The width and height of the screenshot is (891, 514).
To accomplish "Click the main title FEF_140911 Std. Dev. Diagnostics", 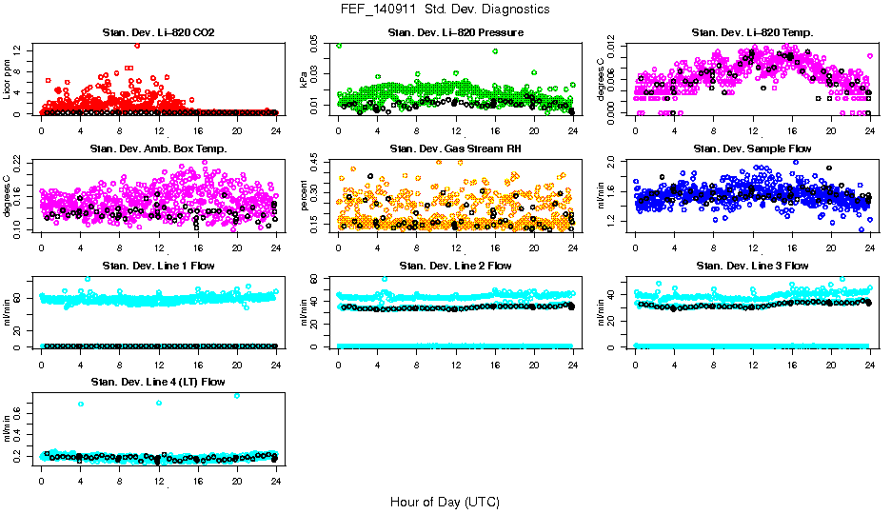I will [x=445, y=10].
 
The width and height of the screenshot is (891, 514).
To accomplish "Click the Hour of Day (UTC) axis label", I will [x=445, y=501].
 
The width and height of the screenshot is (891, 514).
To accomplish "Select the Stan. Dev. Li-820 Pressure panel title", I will [x=456, y=33].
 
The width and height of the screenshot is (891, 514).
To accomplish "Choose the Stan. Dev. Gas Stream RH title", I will [x=456, y=149].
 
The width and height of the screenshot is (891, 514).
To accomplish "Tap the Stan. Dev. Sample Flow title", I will [x=753, y=149].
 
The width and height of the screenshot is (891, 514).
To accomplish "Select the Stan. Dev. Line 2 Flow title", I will [x=456, y=266].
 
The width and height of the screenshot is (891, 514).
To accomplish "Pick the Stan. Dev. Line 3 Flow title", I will [x=753, y=266].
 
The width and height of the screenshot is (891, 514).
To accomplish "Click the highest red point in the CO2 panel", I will [x=137, y=45].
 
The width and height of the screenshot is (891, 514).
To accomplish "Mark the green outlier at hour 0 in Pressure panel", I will [x=339, y=45].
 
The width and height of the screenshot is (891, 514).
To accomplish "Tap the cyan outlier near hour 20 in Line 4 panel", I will [x=236, y=395].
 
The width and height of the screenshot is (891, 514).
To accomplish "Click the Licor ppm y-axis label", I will [x=8, y=80].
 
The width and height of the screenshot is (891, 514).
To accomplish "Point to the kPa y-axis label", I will [x=305, y=80].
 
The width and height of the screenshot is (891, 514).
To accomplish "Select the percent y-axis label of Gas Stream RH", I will [x=305, y=196].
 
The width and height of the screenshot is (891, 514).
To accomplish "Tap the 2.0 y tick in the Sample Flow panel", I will [x=614, y=160].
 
